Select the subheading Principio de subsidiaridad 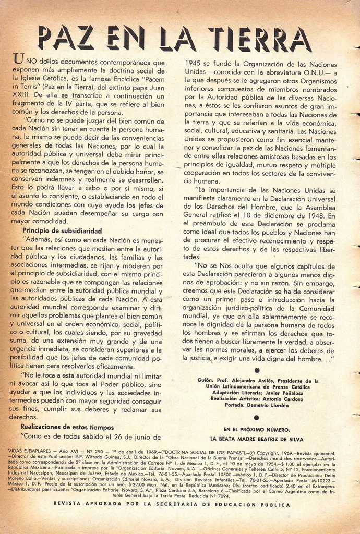point(62,230)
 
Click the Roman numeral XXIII point(21,96)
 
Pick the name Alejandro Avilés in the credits point(248,381)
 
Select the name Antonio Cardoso point(284,399)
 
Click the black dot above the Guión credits point(257,370)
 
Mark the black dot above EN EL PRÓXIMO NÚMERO point(257,417)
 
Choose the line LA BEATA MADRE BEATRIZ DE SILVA point(256,439)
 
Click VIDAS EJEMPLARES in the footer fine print point(30,453)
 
